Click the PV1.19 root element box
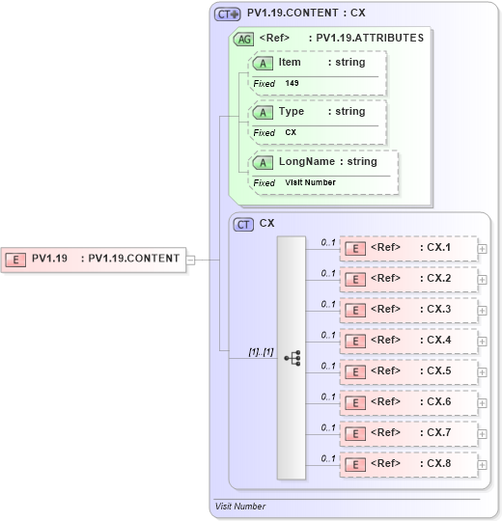[x=95, y=259]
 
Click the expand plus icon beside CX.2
[x=483, y=280]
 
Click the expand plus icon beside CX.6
[x=483, y=403]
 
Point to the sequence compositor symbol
[x=292, y=357]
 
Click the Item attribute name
[x=290, y=63]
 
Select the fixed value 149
[x=292, y=84]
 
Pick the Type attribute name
[x=291, y=112]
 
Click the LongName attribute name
[x=306, y=162]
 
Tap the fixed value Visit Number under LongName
[x=310, y=182]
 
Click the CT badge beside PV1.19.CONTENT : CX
[x=228, y=14]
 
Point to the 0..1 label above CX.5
[x=328, y=367]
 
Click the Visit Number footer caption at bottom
[x=239, y=506]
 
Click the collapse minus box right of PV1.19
[x=191, y=259]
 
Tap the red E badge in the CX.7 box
[x=355, y=433]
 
